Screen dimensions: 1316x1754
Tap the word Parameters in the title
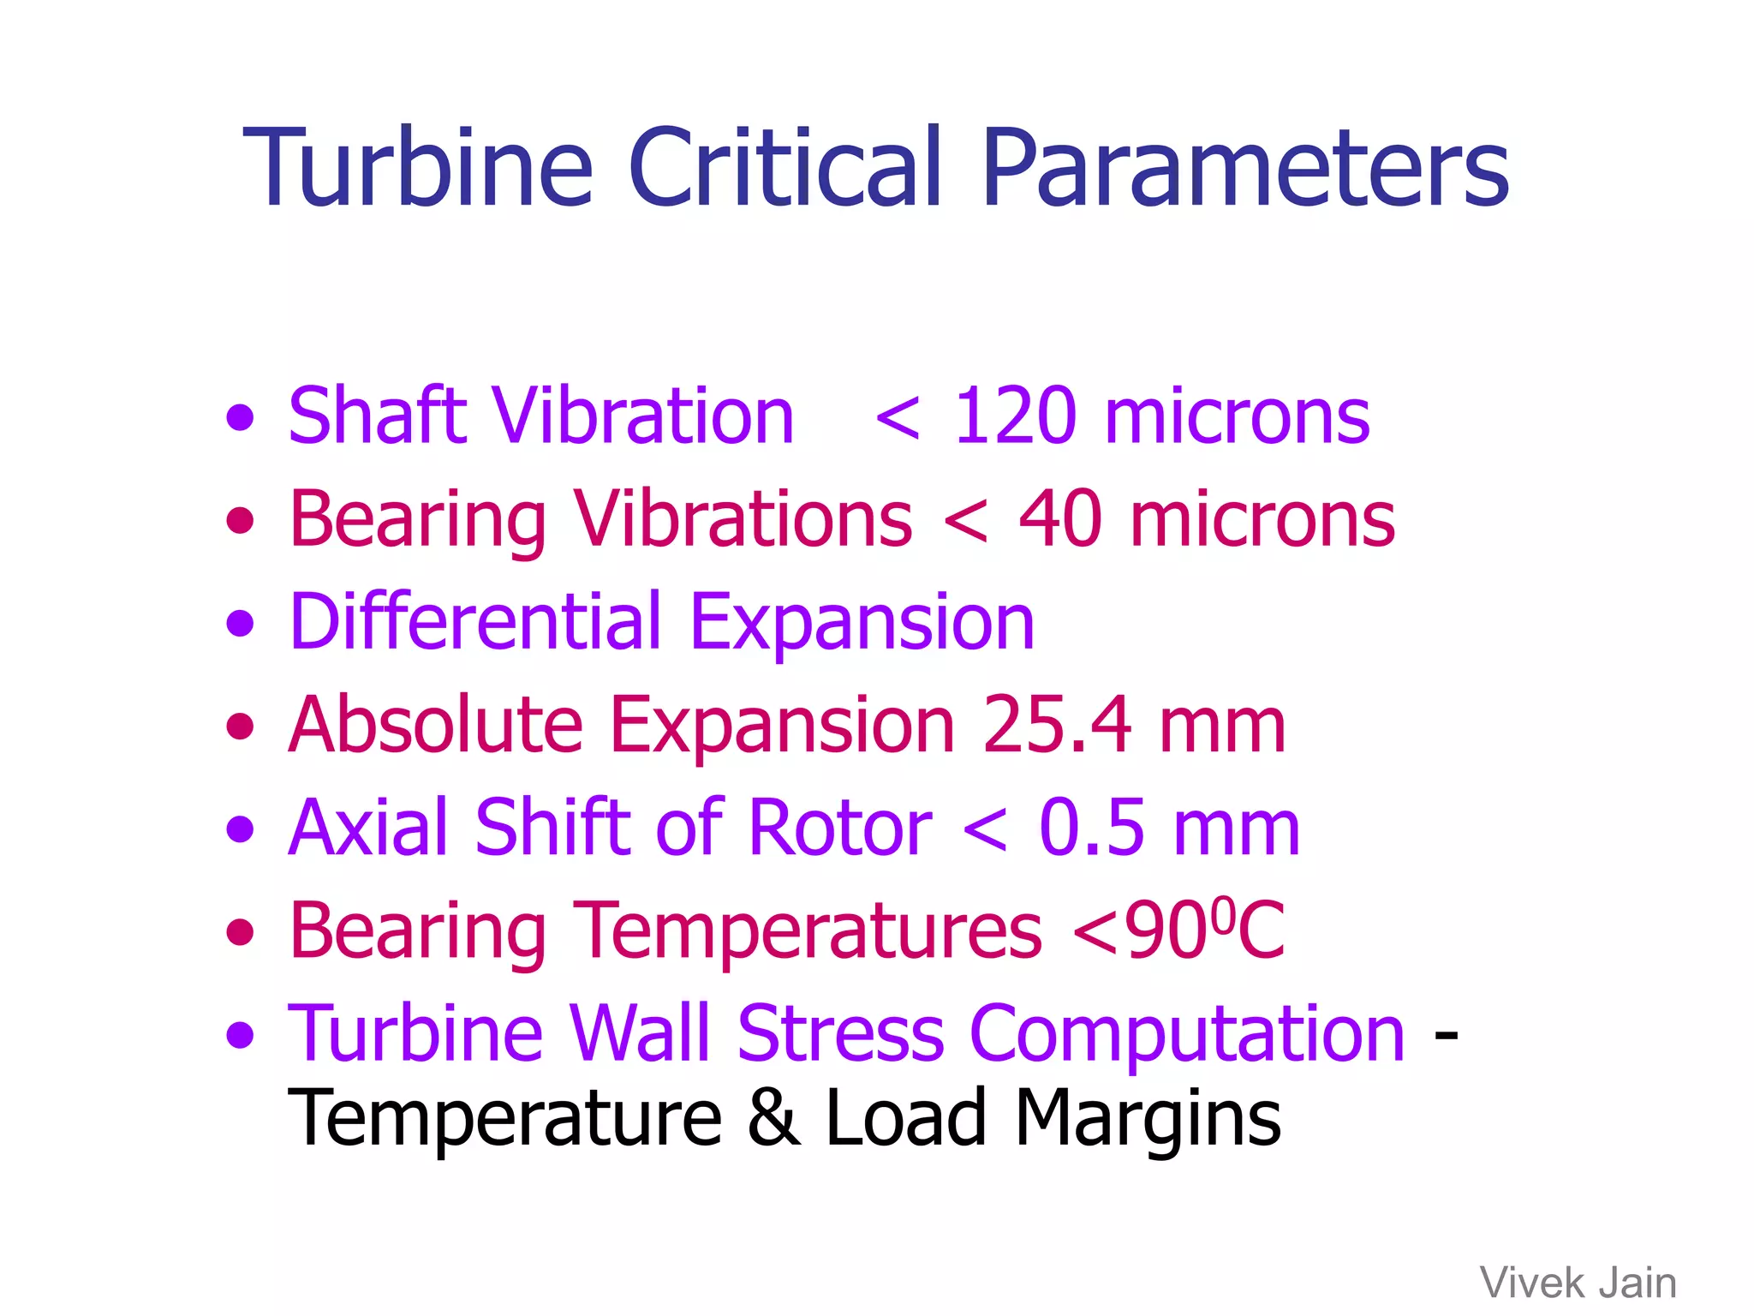(x=1244, y=166)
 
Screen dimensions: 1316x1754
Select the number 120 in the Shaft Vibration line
(x=1014, y=416)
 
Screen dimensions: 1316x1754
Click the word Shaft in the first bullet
(x=378, y=416)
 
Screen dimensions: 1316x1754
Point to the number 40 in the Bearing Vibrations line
(x=1059, y=519)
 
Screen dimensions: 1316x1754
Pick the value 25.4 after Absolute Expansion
(x=1058, y=725)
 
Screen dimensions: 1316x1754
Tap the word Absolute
(x=436, y=725)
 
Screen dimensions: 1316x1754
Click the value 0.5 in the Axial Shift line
(x=1091, y=828)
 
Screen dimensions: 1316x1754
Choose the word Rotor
(x=839, y=828)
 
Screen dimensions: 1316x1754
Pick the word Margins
(x=1148, y=1119)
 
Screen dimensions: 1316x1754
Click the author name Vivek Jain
(x=1578, y=1283)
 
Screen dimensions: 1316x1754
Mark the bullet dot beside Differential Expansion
(x=241, y=623)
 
